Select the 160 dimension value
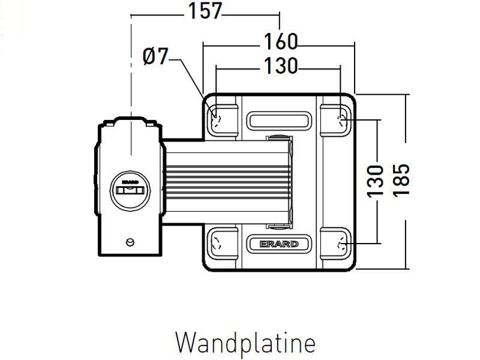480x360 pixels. [281, 41]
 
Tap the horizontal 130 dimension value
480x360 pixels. [281, 66]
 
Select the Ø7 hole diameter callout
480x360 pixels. [155, 57]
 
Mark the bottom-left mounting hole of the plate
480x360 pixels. [217, 244]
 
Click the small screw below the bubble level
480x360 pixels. [130, 242]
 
